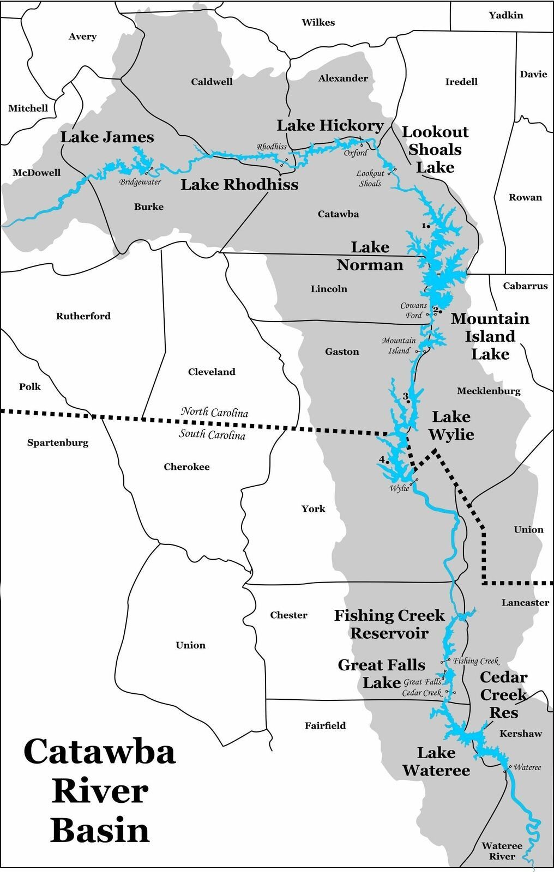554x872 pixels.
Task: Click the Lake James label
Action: pyautogui.click(x=107, y=137)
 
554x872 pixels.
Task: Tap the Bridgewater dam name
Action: pyautogui.click(x=140, y=182)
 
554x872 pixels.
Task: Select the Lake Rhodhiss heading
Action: pyautogui.click(x=239, y=185)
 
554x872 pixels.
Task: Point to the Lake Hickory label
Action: pyautogui.click(x=330, y=126)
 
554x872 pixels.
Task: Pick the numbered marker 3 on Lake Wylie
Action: pyautogui.click(x=405, y=396)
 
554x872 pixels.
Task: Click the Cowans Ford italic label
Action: pyautogui.click(x=413, y=311)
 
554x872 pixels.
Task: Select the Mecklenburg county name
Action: pyautogui.click(x=488, y=391)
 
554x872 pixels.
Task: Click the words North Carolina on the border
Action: pyautogui.click(x=214, y=412)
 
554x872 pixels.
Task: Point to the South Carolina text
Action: pyautogui.click(x=212, y=434)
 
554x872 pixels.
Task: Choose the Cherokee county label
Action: pyautogui.click(x=186, y=467)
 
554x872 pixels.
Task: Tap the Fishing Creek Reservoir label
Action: pyautogui.click(x=389, y=625)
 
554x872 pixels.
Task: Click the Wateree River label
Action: pyautogui.click(x=502, y=851)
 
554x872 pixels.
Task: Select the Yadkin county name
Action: pyautogui.click(x=505, y=15)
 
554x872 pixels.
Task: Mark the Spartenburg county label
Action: pyautogui.click(x=58, y=443)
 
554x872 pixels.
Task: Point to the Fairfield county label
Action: pyautogui.click(x=325, y=725)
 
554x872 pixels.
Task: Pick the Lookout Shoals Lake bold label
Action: pyautogui.click(x=435, y=149)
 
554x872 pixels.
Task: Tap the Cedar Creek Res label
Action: pyautogui.click(x=503, y=695)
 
